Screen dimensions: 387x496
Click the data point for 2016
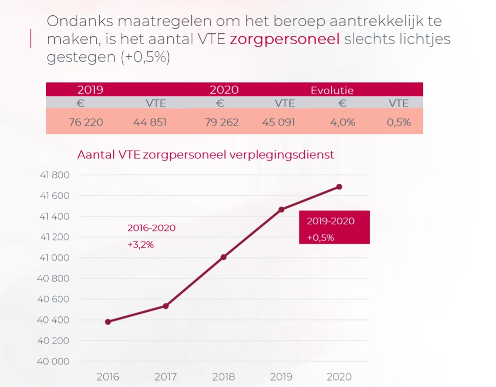point(108,321)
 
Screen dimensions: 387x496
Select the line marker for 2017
point(166,306)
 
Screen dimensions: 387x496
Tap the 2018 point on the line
point(223,257)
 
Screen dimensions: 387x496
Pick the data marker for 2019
point(281,209)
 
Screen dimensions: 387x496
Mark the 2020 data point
point(339,187)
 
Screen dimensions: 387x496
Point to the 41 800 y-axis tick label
point(54,175)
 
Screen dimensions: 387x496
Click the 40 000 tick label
point(54,361)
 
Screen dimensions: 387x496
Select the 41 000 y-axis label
point(54,257)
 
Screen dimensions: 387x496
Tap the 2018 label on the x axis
point(223,377)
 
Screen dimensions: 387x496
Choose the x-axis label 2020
point(339,377)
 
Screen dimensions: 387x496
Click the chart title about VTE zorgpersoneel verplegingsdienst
point(206,155)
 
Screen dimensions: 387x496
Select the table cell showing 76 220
point(86,122)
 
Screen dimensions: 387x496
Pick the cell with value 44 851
point(150,122)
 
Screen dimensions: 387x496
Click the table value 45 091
point(278,122)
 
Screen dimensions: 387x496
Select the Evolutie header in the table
point(332,91)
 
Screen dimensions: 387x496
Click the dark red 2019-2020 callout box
point(334,227)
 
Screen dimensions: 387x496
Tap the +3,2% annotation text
point(141,245)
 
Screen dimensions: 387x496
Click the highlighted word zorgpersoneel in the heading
point(285,39)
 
